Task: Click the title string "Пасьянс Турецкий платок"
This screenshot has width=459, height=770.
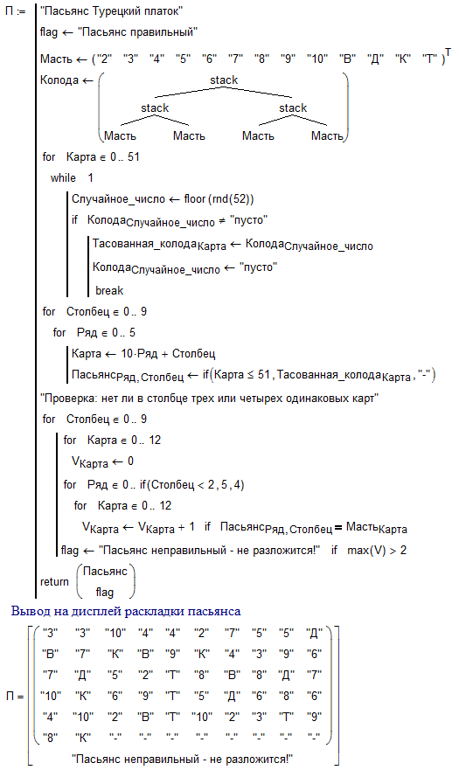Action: point(111,10)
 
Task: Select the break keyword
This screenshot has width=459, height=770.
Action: point(109,291)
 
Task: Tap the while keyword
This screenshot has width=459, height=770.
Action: point(63,177)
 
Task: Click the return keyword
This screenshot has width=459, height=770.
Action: point(54,582)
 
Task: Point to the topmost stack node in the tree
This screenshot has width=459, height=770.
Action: point(224,80)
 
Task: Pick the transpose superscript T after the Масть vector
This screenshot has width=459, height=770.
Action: point(448,52)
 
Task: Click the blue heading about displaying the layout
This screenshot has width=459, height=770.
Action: point(126,612)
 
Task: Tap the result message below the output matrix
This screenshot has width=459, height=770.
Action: point(182,759)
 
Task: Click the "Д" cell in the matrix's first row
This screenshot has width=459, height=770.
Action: point(314,634)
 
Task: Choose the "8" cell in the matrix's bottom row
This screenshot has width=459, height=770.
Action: point(51,738)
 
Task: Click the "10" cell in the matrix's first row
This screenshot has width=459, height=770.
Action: point(115,634)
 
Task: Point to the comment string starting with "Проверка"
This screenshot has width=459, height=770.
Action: point(209,399)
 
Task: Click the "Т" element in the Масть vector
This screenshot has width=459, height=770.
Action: point(429,59)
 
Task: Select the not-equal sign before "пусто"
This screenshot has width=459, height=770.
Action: point(222,220)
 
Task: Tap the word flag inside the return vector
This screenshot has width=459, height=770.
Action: point(105,593)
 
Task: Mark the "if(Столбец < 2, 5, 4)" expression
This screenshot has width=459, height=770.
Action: point(191,485)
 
